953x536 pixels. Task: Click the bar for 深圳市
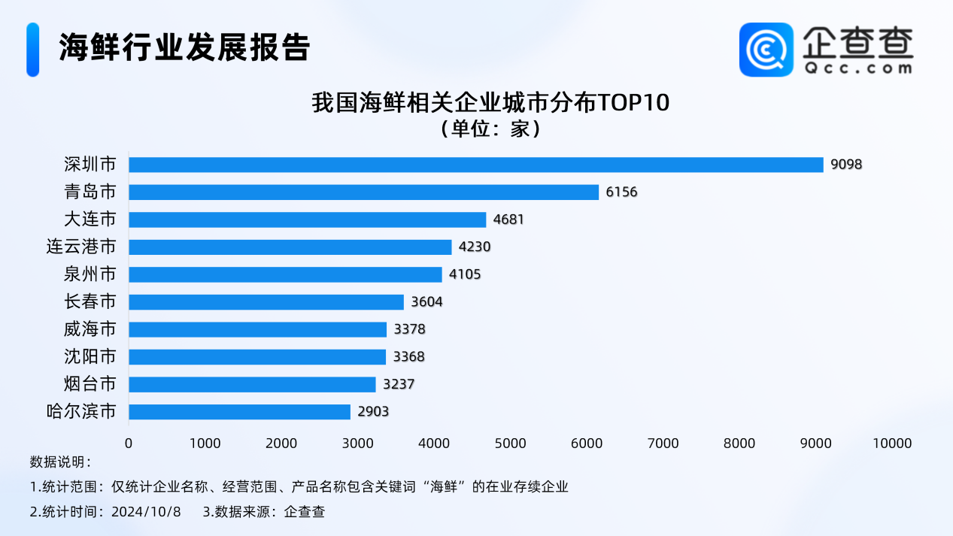[x=476, y=165]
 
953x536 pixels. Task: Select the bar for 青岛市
[x=364, y=192]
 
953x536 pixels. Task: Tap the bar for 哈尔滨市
[x=240, y=412]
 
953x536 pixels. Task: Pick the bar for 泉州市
[x=286, y=274]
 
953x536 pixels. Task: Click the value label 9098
[x=846, y=165]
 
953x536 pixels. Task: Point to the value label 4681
[x=508, y=220]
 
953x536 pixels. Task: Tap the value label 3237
[x=399, y=384]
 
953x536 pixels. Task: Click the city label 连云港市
[x=81, y=247]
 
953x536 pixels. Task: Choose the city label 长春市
[x=90, y=301]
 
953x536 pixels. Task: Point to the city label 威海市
[x=90, y=329]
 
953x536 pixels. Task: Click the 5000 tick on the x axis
[x=511, y=444]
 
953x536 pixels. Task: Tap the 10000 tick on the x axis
[x=893, y=444]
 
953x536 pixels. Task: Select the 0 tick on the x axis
[x=129, y=444]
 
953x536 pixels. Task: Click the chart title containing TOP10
[x=490, y=103]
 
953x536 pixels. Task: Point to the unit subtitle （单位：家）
[x=490, y=129]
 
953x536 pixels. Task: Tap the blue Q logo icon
[x=766, y=50]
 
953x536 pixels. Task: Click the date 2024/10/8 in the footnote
[x=146, y=512]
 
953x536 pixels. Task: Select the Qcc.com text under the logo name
[x=857, y=68]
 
